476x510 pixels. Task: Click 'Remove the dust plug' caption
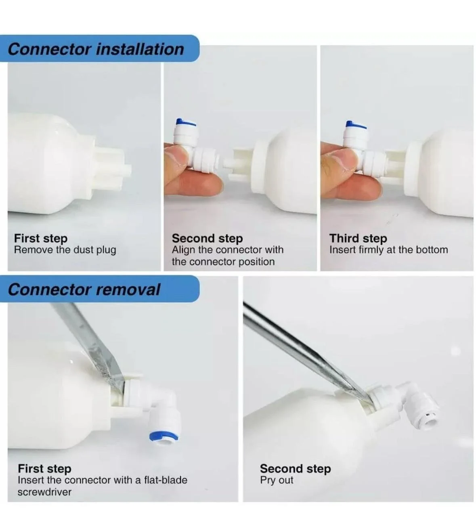pos(65,250)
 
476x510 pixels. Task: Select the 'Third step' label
pos(358,238)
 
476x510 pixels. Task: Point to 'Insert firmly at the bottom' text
pos(389,250)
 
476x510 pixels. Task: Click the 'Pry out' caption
pos(277,480)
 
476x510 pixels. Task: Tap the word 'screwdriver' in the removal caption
pos(44,492)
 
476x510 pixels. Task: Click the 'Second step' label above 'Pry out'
pos(296,468)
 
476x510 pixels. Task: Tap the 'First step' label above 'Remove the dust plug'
pos(41,238)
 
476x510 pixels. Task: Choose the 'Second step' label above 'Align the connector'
pos(207,238)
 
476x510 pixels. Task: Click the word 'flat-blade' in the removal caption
pos(166,480)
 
